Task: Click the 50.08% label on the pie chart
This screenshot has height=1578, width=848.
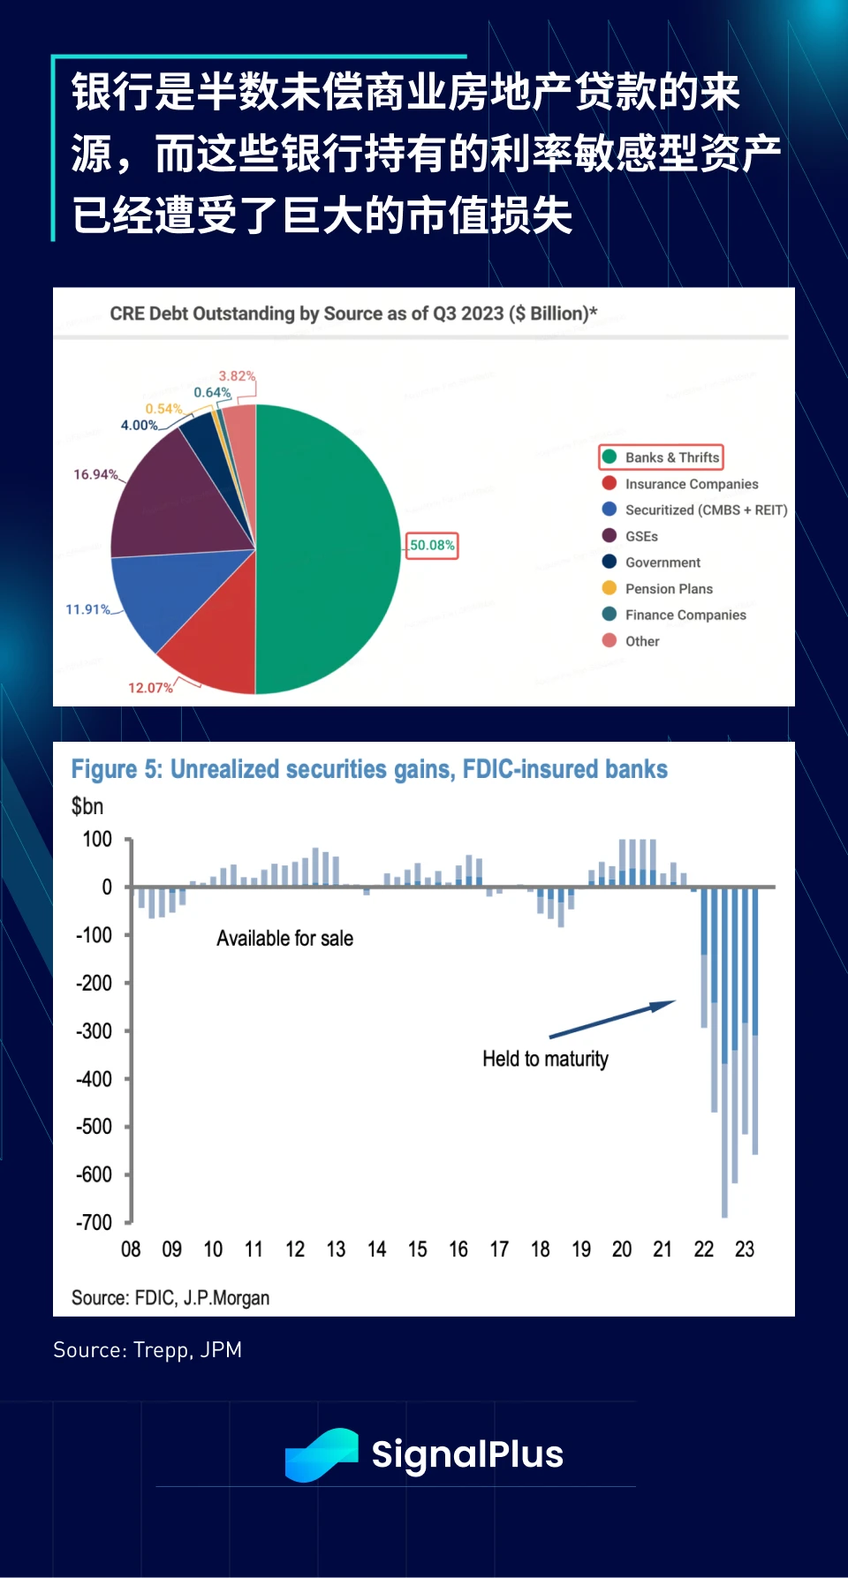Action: pyautogui.click(x=432, y=546)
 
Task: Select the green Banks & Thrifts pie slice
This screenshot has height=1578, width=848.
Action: pyautogui.click(x=327, y=547)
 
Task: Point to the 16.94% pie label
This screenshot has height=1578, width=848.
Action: pyautogui.click(x=95, y=475)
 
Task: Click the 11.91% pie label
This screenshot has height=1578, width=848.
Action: pyautogui.click(x=87, y=609)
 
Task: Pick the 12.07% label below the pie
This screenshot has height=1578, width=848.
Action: pyautogui.click(x=150, y=688)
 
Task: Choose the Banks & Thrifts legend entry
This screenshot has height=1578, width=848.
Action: pyautogui.click(x=662, y=457)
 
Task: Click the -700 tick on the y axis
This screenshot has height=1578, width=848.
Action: pyautogui.click(x=95, y=1223)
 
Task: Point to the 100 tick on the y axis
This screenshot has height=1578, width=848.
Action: pyautogui.click(x=97, y=840)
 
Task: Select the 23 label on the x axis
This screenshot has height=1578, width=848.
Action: pyautogui.click(x=745, y=1250)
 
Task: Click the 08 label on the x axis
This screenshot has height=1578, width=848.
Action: pyautogui.click(x=131, y=1250)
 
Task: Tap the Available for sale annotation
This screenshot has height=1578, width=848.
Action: pyautogui.click(x=284, y=939)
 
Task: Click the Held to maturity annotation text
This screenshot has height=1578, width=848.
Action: pyautogui.click(x=545, y=1059)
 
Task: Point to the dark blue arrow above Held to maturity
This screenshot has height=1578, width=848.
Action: pyautogui.click(x=612, y=1019)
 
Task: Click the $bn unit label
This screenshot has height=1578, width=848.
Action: pyautogui.click(x=87, y=806)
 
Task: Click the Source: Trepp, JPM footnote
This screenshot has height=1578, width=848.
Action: pyautogui.click(x=148, y=1350)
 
